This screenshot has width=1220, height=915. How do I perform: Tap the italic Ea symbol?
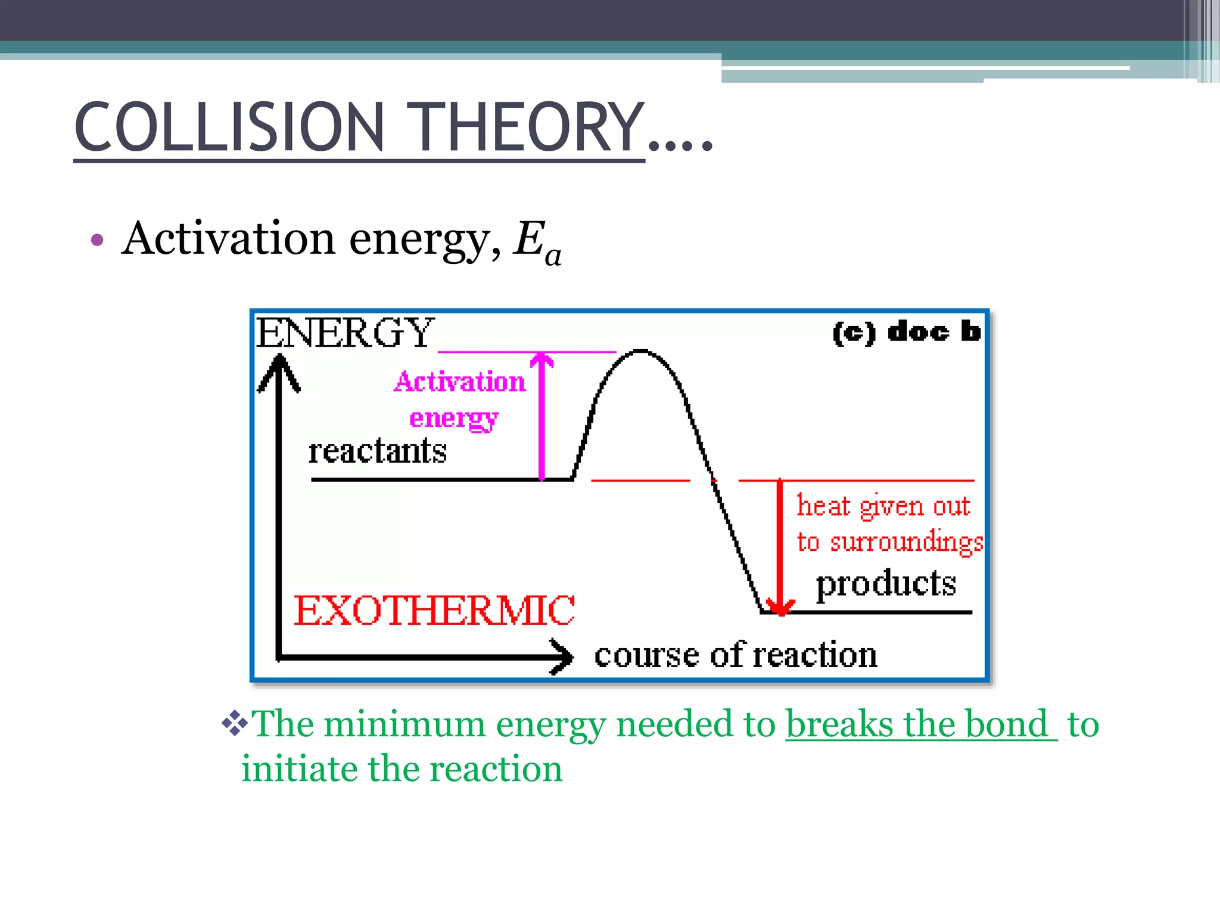(x=537, y=241)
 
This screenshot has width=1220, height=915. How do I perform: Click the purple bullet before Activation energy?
(x=97, y=240)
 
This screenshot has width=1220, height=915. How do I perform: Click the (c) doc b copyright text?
(x=905, y=332)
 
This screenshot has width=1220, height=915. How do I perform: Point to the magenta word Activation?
(x=459, y=382)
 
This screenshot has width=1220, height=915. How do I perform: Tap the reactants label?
(x=377, y=451)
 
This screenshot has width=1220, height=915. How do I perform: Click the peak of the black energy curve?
(x=640, y=351)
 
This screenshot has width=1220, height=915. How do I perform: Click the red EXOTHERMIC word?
(x=434, y=611)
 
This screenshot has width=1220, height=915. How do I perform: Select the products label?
(x=886, y=583)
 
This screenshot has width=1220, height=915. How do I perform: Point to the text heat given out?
(x=883, y=506)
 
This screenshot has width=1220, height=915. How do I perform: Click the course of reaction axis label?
(x=736, y=655)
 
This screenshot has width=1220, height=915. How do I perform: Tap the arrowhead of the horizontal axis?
(x=563, y=656)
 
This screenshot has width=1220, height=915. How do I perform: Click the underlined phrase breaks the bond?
(x=917, y=724)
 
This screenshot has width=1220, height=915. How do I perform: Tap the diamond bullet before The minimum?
(x=235, y=723)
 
